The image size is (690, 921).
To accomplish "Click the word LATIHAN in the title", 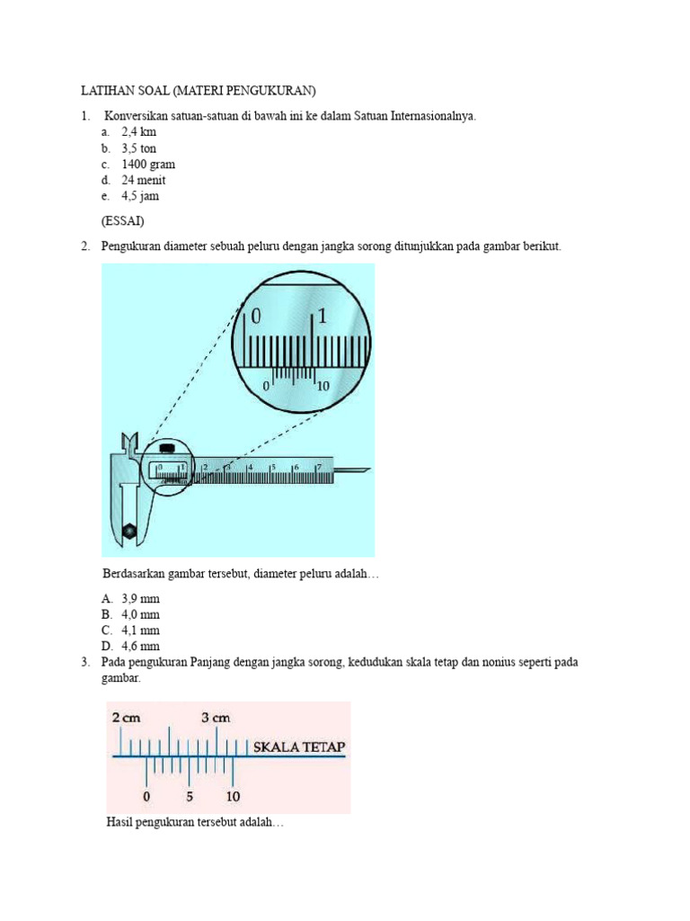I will [x=106, y=91].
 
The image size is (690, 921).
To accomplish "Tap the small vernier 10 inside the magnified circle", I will [x=323, y=385].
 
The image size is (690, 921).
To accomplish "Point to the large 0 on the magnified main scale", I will [x=256, y=317].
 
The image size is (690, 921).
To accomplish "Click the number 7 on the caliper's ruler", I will [x=318, y=468].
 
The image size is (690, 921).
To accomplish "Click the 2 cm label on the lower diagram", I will [x=127, y=718].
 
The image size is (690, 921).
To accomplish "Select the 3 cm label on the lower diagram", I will [x=216, y=718].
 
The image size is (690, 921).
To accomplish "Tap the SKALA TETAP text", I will [x=299, y=747].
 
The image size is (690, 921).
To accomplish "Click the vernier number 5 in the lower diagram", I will [x=190, y=796].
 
